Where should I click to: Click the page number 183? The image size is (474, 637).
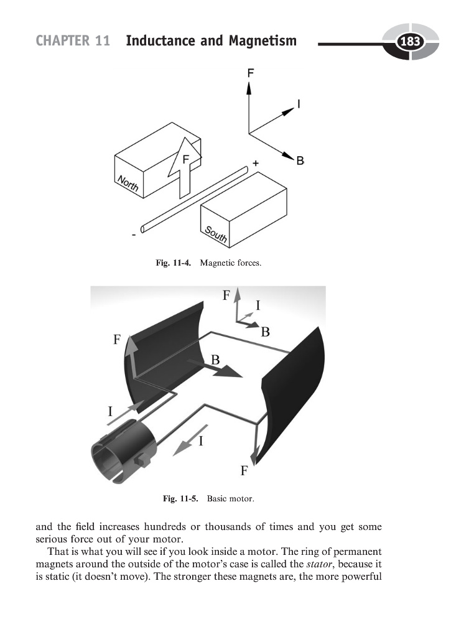[410, 42]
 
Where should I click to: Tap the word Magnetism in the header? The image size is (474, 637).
[262, 42]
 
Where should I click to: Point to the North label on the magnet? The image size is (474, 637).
[128, 184]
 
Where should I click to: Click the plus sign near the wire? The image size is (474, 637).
[255, 162]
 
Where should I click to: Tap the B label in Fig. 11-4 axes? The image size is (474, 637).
[300, 161]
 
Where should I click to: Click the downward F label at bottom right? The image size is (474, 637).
[244, 470]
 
